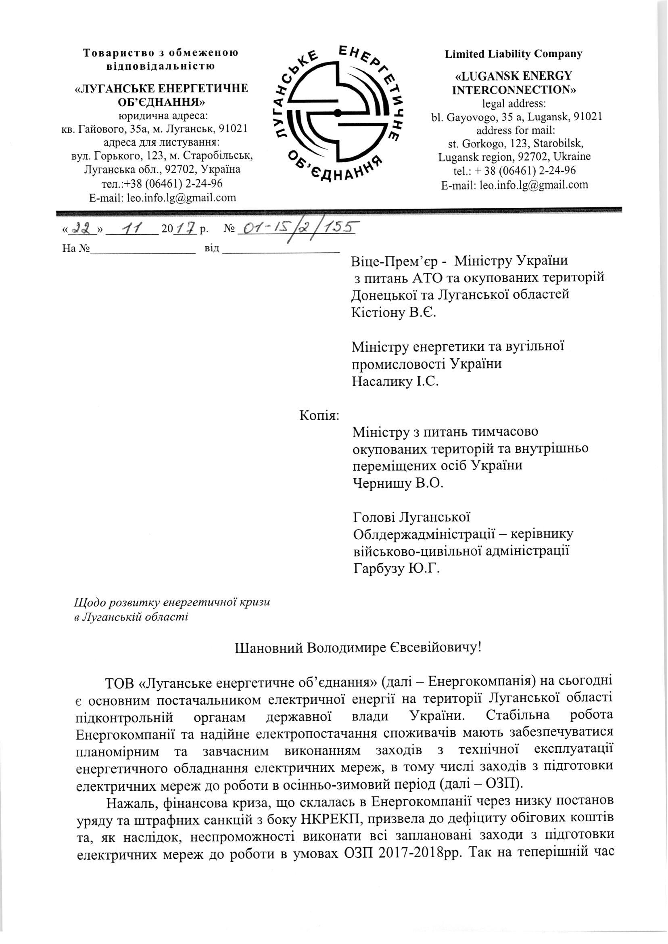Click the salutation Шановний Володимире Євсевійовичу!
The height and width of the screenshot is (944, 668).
point(357,648)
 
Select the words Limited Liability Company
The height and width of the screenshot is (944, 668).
point(514,54)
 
